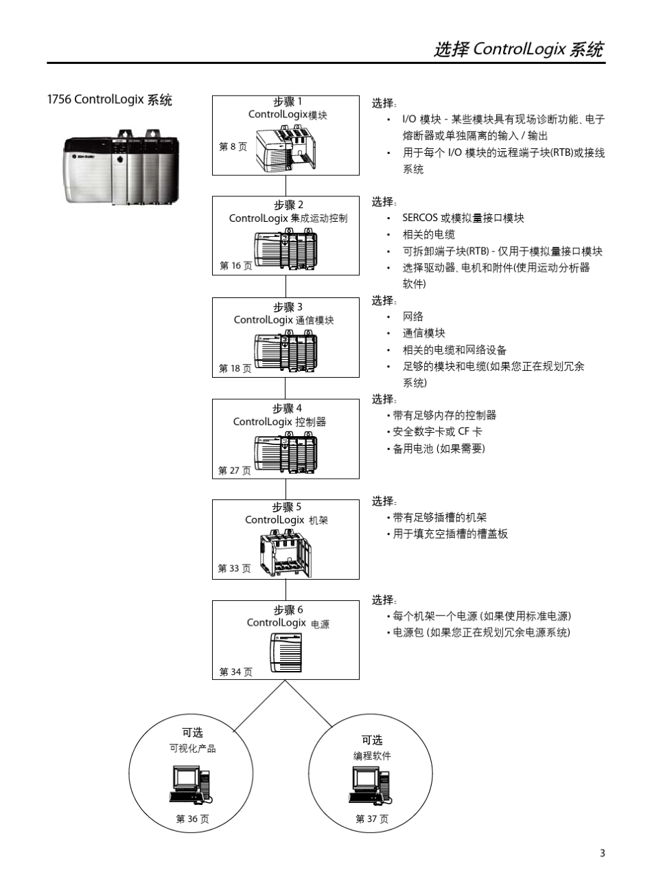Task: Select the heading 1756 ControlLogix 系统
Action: click(109, 100)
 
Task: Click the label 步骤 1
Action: click(287, 102)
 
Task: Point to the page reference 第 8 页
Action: click(233, 146)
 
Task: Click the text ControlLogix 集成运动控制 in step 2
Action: click(288, 218)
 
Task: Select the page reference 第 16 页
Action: click(235, 266)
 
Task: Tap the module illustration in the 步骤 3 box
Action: click(286, 352)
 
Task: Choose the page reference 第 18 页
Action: click(235, 369)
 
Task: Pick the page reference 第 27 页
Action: click(235, 470)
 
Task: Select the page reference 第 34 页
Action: click(235, 672)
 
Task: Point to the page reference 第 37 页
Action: click(372, 819)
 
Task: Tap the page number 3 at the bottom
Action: click(603, 854)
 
